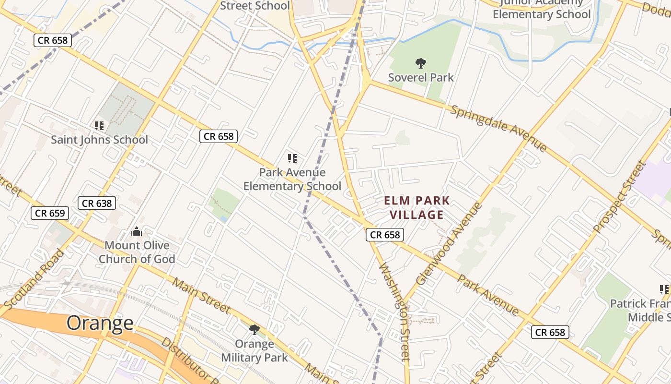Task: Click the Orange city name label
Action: coord(100,323)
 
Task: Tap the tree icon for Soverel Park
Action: coord(421,63)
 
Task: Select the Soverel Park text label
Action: coord(421,77)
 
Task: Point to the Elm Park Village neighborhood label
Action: coord(416,207)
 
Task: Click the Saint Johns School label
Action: coord(100,140)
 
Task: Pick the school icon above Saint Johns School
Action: coord(99,126)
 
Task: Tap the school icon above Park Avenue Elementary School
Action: coord(292,158)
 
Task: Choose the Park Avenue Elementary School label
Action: coord(292,179)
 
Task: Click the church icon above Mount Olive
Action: coord(137,232)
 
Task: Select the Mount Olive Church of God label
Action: coord(137,252)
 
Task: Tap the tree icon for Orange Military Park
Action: coord(255,329)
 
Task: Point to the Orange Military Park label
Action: coord(255,351)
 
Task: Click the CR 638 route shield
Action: coord(97,203)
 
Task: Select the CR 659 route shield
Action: coord(50,213)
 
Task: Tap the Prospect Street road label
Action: coord(621,197)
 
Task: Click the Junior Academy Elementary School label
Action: coord(542,9)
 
